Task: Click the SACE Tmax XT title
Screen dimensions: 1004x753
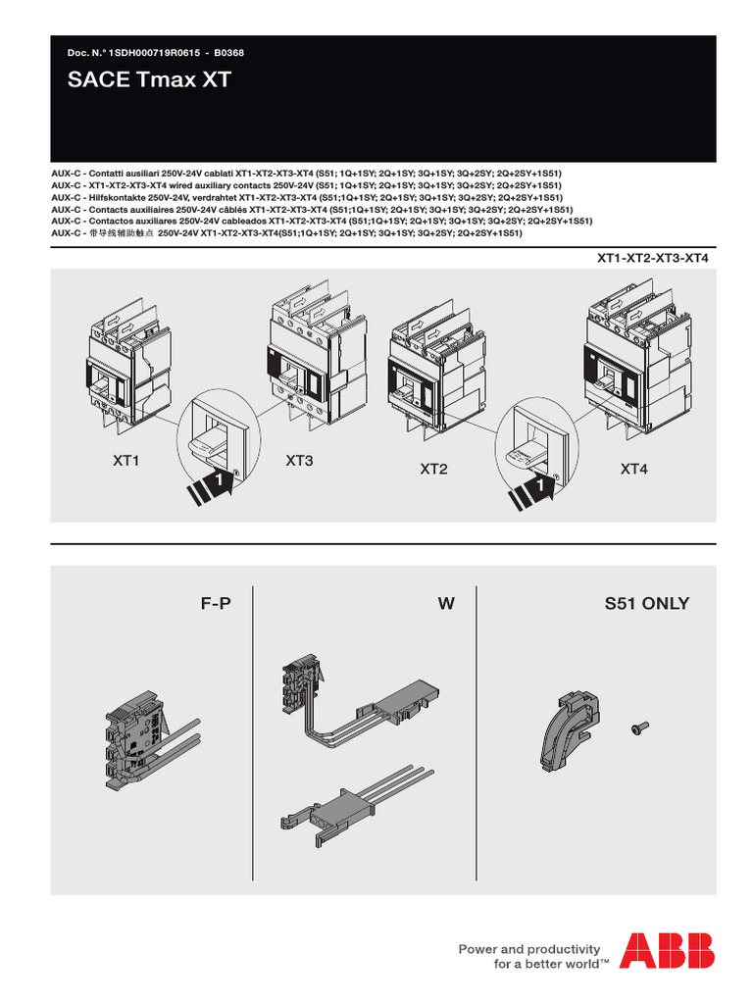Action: coord(149,80)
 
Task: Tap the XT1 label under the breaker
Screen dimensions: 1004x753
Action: coord(125,460)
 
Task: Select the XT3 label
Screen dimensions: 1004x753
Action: coord(299,460)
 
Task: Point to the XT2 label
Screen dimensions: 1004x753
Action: coord(433,470)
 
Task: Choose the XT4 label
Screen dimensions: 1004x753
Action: coord(634,470)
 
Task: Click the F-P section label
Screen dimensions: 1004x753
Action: coord(216,604)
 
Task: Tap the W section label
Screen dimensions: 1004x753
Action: coord(446,604)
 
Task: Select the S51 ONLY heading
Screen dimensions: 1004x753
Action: coord(647,604)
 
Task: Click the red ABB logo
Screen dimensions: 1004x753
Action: coord(667,951)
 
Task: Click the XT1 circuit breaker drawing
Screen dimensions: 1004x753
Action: coord(123,367)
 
